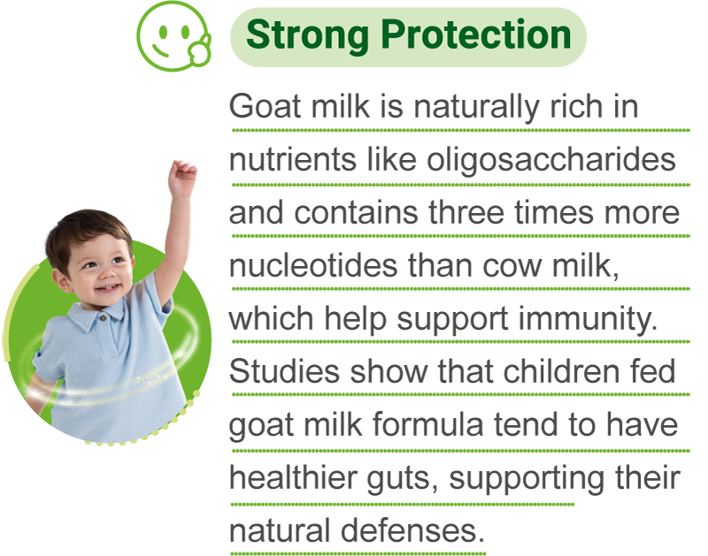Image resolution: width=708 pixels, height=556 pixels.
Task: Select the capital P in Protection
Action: pyautogui.click(x=394, y=35)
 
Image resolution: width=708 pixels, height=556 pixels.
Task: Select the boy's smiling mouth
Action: pyautogui.click(x=109, y=290)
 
